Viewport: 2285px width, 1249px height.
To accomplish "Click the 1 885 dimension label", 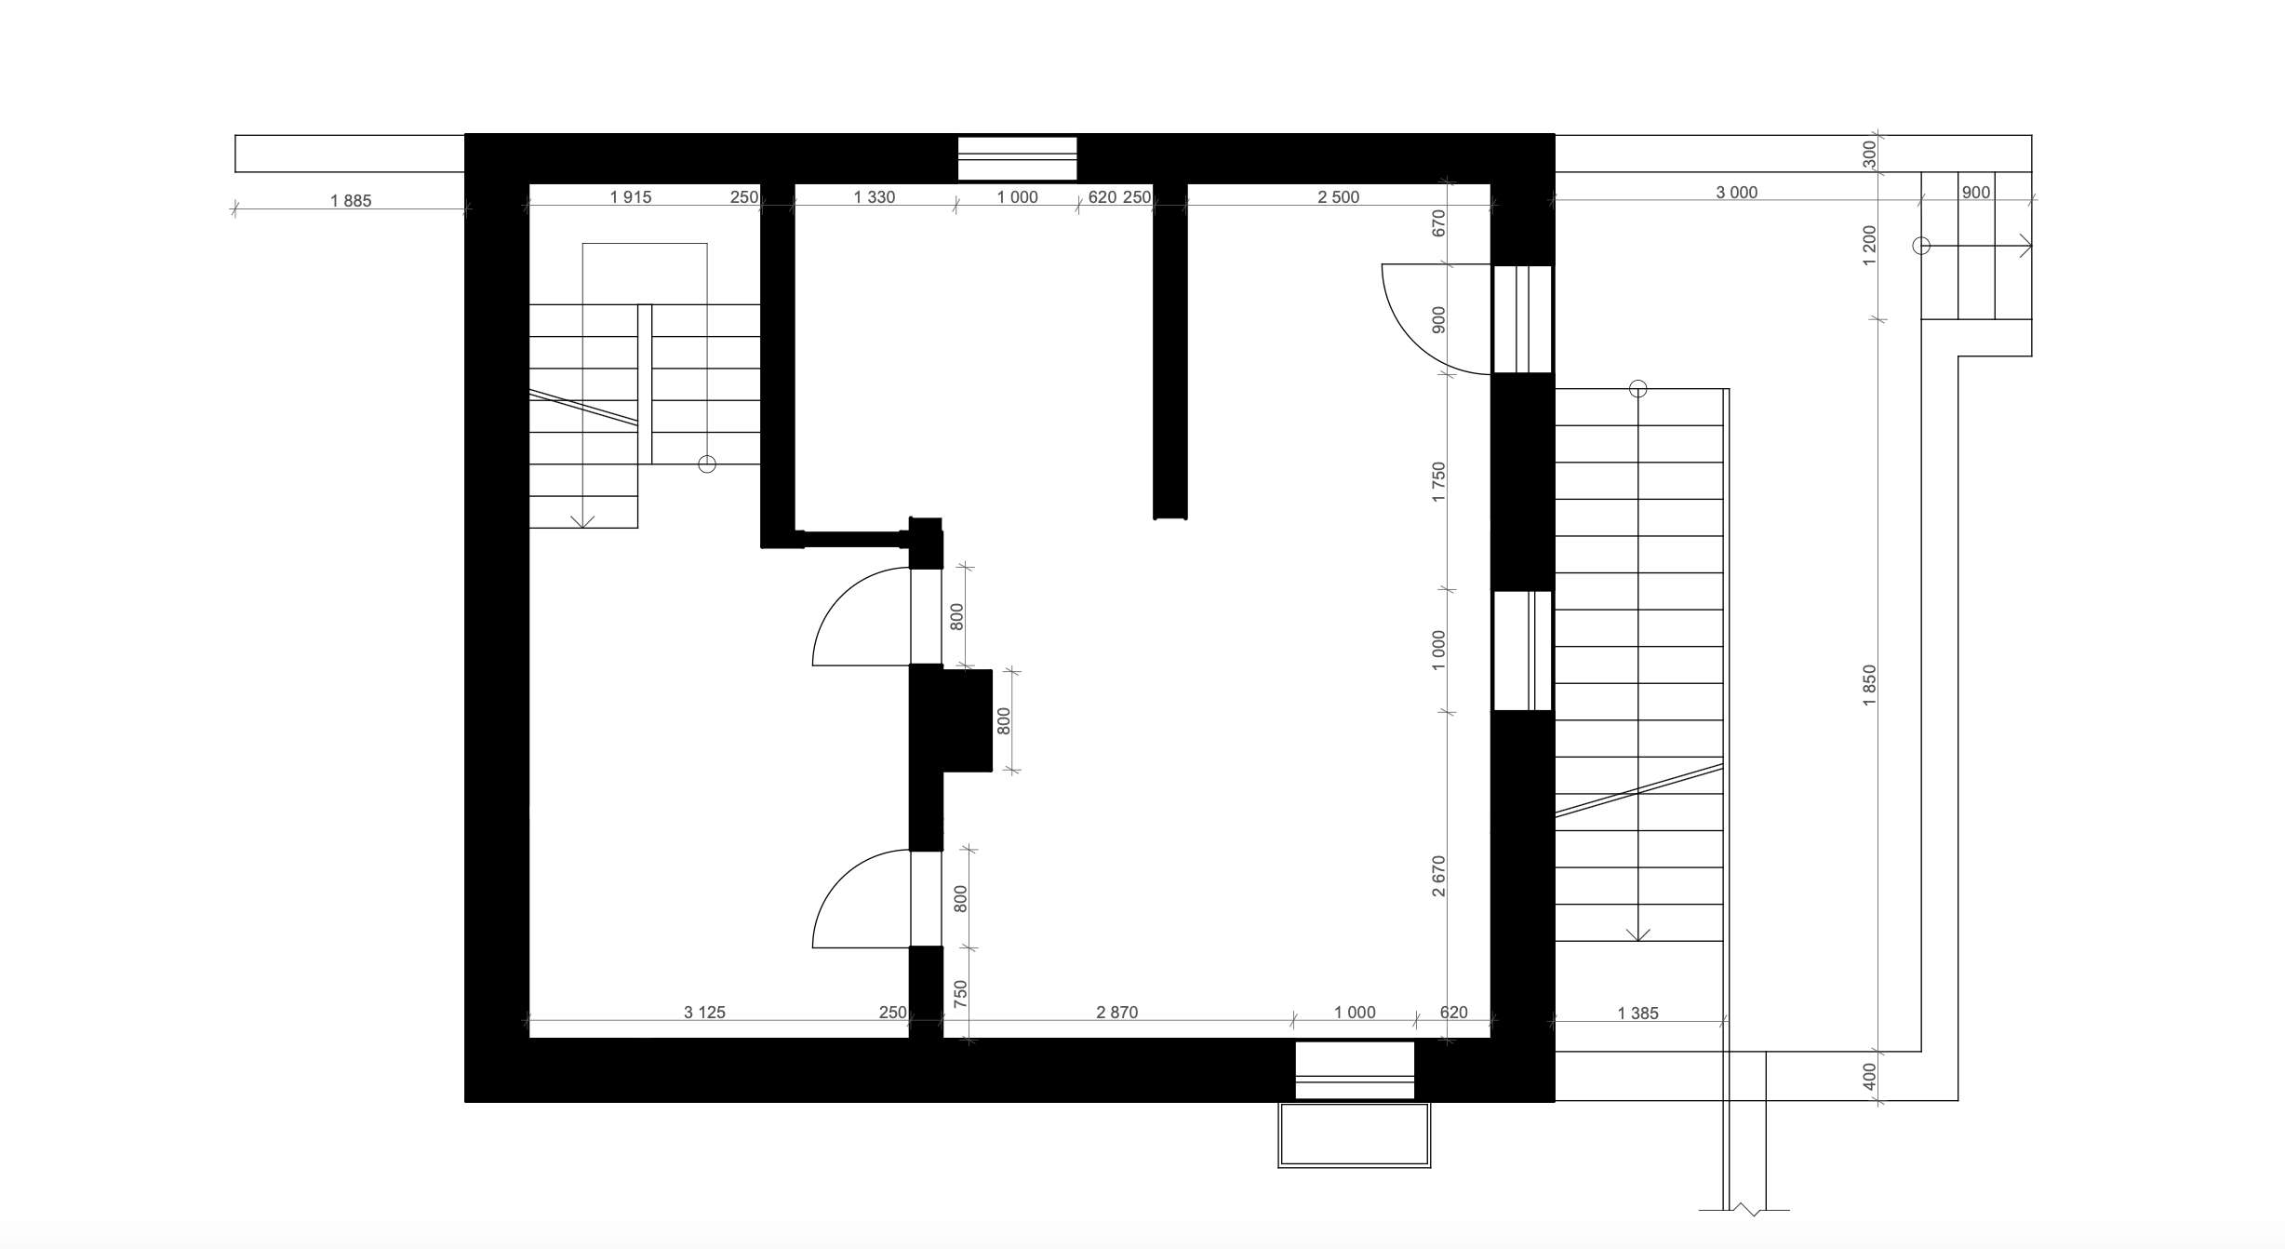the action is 351,200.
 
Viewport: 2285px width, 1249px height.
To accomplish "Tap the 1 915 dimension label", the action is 631,196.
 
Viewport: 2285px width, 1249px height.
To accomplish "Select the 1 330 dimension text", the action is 875,196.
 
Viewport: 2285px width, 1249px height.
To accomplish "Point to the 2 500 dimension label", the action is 1339,196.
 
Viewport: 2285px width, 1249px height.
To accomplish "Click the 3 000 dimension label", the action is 1737,193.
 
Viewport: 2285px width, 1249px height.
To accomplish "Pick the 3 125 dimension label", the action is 704,1013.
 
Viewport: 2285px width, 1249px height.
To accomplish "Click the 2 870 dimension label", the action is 1116,1013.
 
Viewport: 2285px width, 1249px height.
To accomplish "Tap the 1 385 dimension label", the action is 1638,1014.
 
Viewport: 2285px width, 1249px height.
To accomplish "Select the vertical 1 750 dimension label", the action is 1439,482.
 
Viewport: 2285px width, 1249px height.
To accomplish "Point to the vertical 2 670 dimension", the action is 1439,877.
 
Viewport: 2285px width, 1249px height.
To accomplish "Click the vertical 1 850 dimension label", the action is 1870,685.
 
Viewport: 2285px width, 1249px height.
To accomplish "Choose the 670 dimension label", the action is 1439,223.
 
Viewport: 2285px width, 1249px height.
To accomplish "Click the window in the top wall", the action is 1018,158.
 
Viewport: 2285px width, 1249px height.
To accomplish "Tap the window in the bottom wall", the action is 1356,1070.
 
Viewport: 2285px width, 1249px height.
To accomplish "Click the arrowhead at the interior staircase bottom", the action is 583,521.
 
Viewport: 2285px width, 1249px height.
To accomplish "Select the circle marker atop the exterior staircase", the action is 1638,389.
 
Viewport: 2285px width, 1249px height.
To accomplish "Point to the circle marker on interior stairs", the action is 707,463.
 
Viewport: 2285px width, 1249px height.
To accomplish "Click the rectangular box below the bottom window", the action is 1355,1135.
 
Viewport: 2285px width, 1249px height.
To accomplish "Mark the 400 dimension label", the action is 1870,1077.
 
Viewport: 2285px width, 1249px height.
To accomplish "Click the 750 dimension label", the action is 961,993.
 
